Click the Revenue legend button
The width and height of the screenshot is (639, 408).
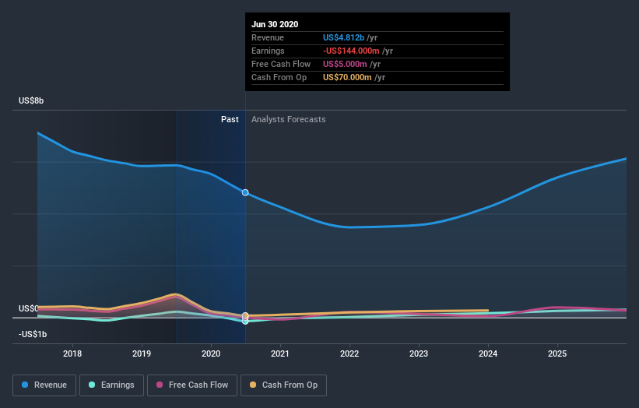(45, 385)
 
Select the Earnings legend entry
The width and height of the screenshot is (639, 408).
(112, 385)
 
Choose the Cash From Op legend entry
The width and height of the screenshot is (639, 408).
(283, 385)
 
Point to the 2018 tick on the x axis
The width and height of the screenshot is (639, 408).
(72, 353)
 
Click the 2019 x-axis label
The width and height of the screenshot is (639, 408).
(142, 353)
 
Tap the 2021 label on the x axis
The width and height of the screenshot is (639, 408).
(280, 353)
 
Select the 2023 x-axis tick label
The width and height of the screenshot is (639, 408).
(419, 353)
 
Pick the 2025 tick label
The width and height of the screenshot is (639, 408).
(557, 353)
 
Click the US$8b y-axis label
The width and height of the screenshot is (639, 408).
(32, 101)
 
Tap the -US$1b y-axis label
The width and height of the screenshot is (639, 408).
(33, 334)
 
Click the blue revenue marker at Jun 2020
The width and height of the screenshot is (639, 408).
(245, 192)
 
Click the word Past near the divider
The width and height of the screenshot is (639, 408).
(230, 119)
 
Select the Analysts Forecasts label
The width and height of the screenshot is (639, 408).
(288, 119)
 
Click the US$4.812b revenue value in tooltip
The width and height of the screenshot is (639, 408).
(345, 37)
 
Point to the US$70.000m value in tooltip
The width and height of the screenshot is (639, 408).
(346, 77)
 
